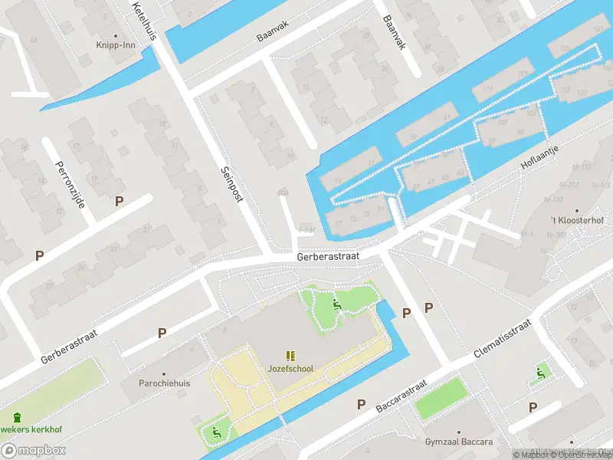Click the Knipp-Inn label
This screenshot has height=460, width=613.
[116, 45]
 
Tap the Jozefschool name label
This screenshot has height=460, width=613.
[290, 369]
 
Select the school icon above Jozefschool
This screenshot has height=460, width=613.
[290, 356]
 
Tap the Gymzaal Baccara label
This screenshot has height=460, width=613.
[458, 442]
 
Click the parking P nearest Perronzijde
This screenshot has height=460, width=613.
[119, 201]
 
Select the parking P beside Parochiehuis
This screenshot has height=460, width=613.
[162, 333]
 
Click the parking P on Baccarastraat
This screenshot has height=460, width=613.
[361, 403]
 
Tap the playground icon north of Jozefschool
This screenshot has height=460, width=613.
[336, 305]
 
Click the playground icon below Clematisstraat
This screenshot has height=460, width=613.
[541, 374]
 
